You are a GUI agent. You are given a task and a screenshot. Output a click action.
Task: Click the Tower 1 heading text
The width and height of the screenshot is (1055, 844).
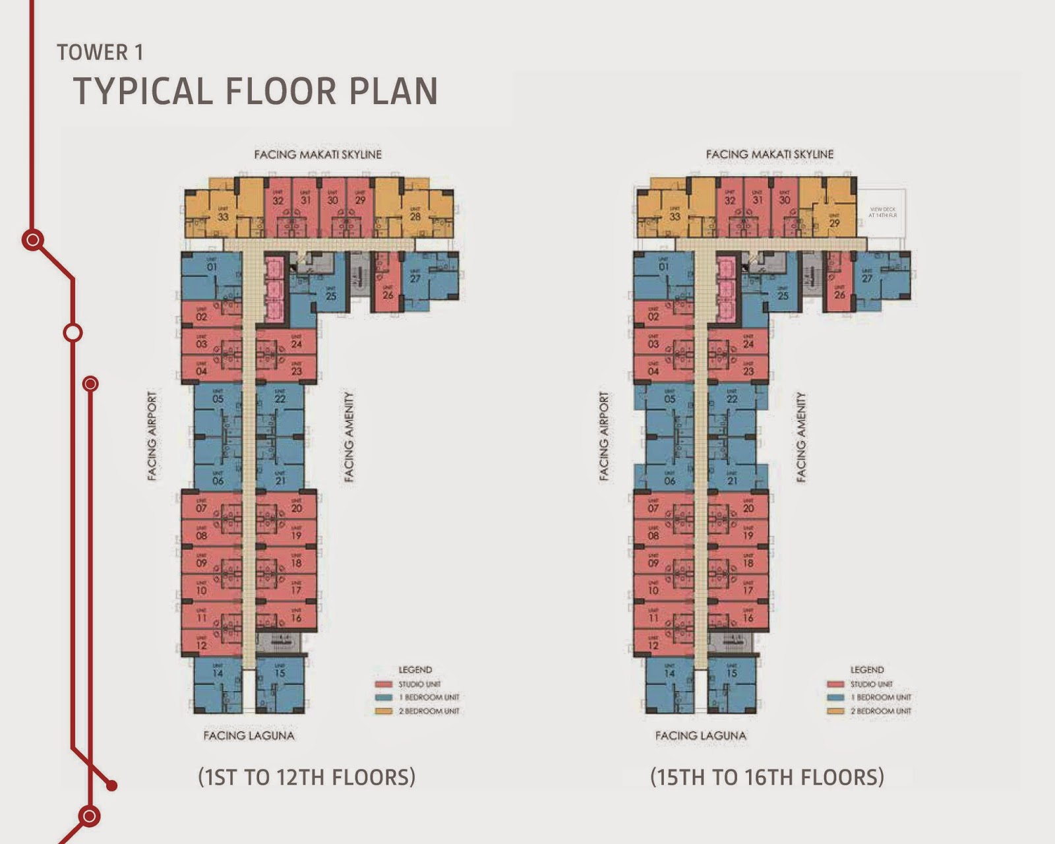[100, 53]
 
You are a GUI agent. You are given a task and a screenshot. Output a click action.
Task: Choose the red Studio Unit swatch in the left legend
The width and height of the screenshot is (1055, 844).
[384, 684]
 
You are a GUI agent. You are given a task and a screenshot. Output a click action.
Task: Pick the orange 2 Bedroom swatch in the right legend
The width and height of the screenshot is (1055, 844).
[835, 711]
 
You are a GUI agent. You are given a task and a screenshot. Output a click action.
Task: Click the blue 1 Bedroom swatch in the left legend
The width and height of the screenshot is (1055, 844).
[384, 698]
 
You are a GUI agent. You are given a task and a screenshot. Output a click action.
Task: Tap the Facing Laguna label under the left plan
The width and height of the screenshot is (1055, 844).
[249, 735]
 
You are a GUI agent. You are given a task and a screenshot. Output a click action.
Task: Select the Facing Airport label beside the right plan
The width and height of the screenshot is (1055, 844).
[604, 437]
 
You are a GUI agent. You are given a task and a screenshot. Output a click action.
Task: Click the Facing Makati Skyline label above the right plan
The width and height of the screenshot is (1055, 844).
[769, 154]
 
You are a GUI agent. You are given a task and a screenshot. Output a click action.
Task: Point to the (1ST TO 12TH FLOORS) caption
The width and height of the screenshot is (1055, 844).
[307, 777]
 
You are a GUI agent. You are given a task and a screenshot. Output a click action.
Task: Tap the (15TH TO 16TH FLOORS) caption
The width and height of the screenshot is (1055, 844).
[767, 777]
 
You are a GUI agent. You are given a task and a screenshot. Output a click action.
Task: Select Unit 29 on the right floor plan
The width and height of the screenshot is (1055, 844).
[834, 222]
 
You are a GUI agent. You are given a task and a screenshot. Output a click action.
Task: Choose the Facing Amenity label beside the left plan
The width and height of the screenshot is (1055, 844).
[349, 437]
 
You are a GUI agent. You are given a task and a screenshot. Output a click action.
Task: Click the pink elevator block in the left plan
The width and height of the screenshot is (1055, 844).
[274, 289]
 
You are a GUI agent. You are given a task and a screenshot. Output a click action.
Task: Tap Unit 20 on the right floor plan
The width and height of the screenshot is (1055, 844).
[748, 508]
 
